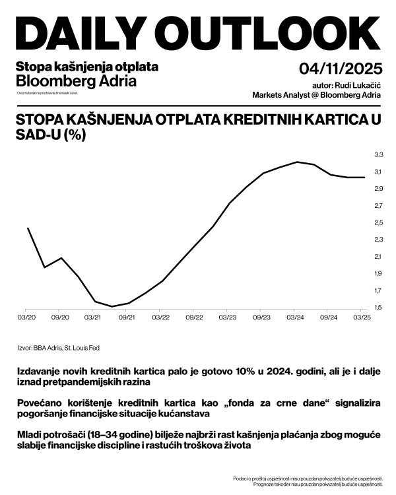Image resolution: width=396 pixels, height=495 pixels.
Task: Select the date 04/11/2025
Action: pyautogui.click(x=340, y=69)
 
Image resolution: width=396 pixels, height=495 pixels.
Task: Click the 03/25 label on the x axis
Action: pyautogui.click(x=362, y=317)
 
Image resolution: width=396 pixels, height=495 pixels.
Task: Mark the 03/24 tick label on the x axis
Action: pyautogui.click(x=294, y=317)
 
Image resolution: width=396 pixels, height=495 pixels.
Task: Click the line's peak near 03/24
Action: pyautogui.click(x=298, y=162)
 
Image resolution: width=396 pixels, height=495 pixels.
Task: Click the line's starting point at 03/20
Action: pyautogui.click(x=28, y=228)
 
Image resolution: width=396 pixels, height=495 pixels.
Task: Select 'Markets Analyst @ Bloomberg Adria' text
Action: pyautogui.click(x=316, y=95)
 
